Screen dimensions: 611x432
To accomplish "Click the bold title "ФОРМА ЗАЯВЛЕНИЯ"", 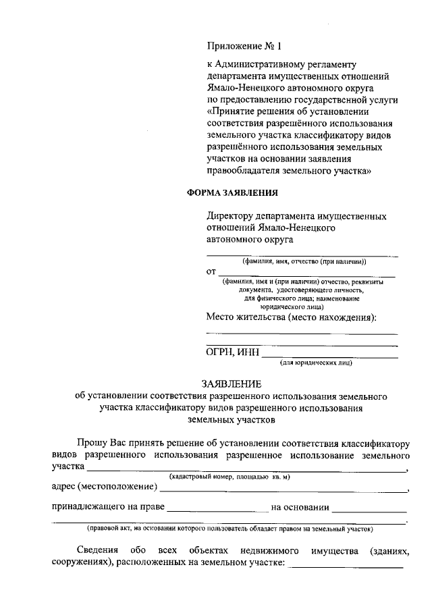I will [x=232, y=193].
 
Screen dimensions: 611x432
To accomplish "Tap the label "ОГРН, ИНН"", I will [x=232, y=352].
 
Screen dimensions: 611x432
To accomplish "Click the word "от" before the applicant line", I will [x=211, y=271].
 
